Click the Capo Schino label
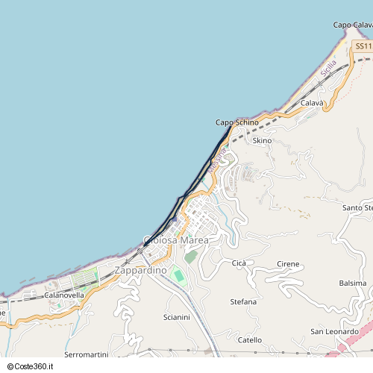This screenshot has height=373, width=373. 237,122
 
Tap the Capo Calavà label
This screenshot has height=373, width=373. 353,25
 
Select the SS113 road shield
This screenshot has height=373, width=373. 363,46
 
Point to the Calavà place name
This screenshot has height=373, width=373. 312,102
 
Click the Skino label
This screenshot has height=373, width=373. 263,140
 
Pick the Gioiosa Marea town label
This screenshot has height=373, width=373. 176,240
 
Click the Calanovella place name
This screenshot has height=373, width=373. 64,295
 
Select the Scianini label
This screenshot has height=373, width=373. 177,317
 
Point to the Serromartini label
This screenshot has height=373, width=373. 87,354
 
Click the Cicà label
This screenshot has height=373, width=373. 239,263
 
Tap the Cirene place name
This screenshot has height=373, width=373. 288,264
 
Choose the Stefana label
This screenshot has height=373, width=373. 243,301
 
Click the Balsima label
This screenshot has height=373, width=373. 353,283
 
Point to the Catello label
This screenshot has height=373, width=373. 250,339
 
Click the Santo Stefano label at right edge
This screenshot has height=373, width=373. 357,207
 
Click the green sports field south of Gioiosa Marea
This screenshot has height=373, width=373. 178,275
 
